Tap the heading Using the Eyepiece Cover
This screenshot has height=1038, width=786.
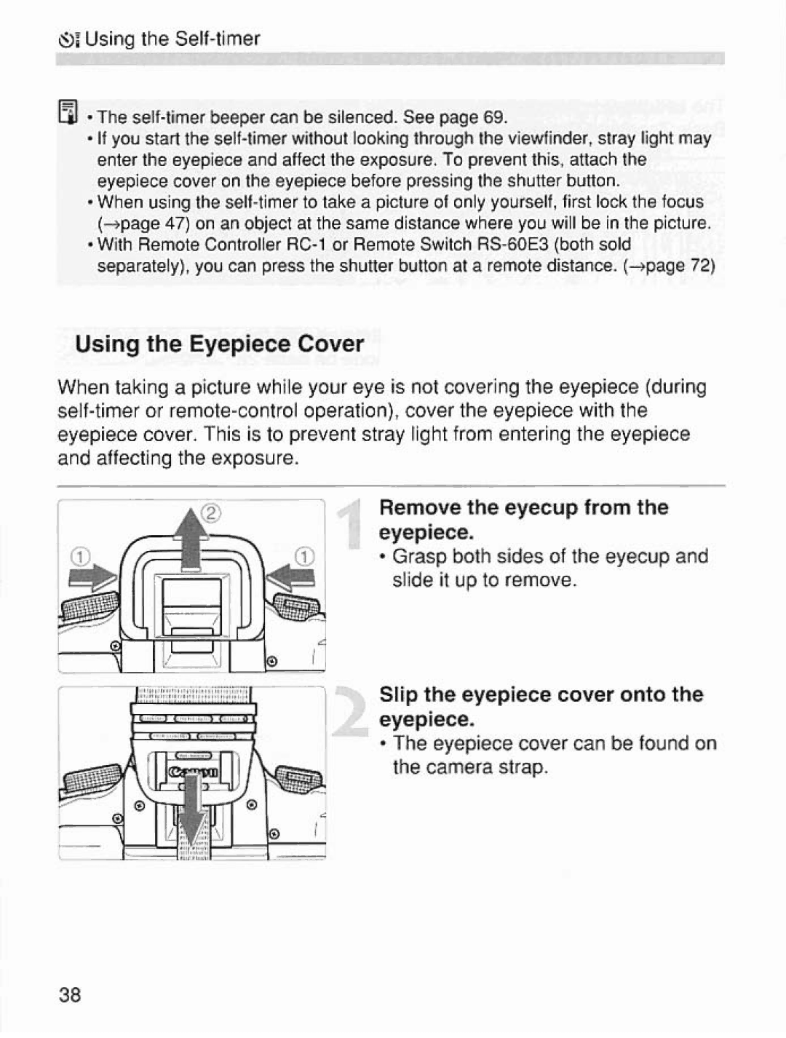click(220, 344)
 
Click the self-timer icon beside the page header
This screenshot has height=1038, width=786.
click(71, 39)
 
